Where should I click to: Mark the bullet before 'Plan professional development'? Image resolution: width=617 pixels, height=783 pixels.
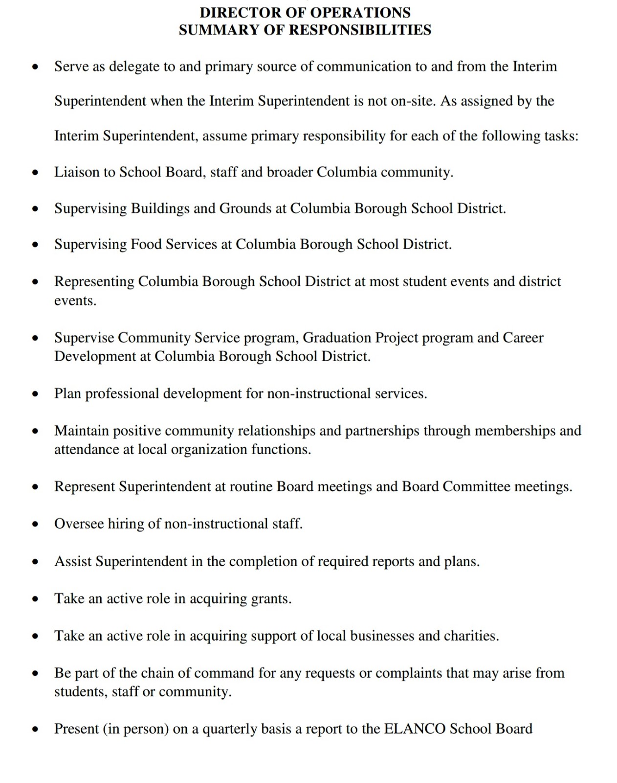[35, 394]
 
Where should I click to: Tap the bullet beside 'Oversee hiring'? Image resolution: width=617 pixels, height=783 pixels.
[35, 524]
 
